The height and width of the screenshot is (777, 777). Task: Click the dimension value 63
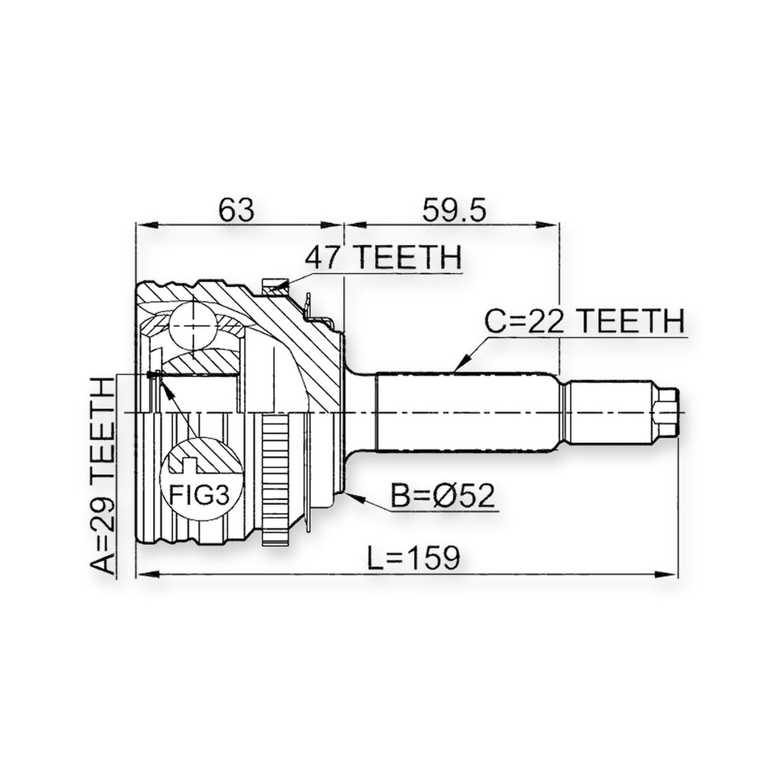(237, 209)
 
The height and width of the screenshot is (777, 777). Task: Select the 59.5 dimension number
(454, 209)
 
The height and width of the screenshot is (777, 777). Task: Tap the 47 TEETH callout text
(383, 256)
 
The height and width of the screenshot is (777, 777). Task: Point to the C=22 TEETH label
(584, 320)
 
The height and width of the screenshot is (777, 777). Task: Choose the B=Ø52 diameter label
(442, 495)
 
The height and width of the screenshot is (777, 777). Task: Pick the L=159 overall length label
(414, 558)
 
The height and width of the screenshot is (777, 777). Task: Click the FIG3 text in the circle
(200, 495)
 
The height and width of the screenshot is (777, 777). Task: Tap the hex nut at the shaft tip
(666, 412)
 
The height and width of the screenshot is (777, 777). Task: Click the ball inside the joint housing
(192, 327)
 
